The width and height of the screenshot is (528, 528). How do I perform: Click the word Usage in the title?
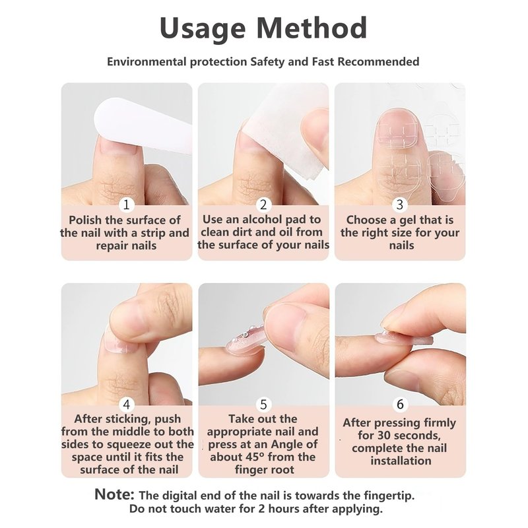(x=203, y=28)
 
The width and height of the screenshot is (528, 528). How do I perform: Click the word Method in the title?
(x=312, y=28)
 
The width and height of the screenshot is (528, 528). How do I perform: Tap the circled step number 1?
(x=127, y=205)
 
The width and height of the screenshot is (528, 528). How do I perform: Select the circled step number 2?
(x=263, y=205)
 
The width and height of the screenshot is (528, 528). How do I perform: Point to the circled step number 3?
(x=400, y=205)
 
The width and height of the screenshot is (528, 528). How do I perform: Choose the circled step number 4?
(x=127, y=404)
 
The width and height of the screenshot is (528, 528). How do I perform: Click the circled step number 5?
(x=263, y=404)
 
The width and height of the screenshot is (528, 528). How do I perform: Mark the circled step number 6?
(x=400, y=404)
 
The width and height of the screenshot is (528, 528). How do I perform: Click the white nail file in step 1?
(x=141, y=125)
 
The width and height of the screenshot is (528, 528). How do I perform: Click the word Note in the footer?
(x=114, y=494)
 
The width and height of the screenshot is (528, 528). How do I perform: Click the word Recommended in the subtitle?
(x=378, y=62)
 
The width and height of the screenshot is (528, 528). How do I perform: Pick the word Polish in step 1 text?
(x=85, y=220)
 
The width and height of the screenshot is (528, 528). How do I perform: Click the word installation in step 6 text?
(x=401, y=461)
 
